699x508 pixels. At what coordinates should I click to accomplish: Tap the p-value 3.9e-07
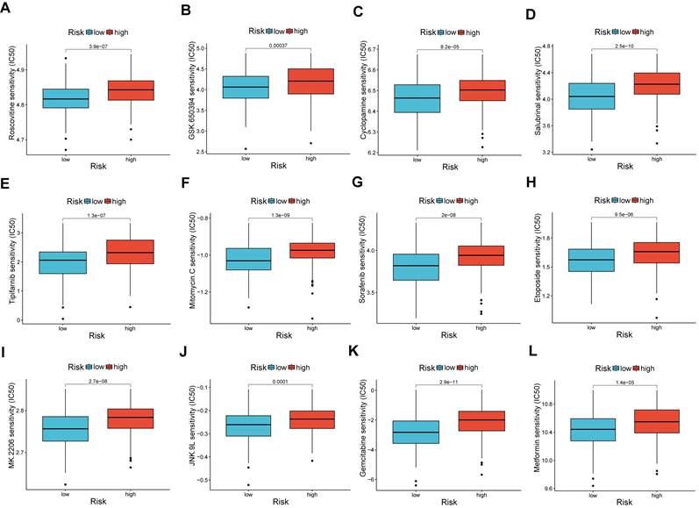click(x=97, y=44)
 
